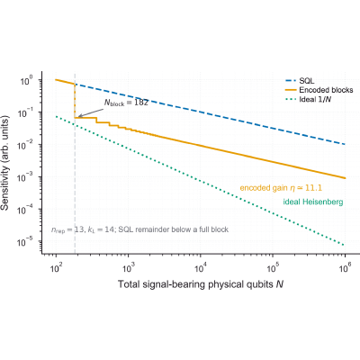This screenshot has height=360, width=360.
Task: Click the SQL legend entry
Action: pyautogui.click(x=300, y=81)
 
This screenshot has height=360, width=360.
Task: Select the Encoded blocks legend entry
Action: pyautogui.click(x=319, y=90)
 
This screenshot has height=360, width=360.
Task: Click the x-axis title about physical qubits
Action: pyautogui.click(x=201, y=284)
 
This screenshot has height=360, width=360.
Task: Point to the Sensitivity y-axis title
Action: pyautogui.click(x=5, y=162)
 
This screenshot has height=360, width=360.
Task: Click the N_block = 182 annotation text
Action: pyautogui.click(x=126, y=103)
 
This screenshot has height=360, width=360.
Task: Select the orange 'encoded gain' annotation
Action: pyautogui.click(x=281, y=188)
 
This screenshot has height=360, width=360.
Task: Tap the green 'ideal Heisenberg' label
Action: pyautogui.click(x=313, y=202)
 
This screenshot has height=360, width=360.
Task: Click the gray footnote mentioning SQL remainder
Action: pyautogui.click(x=139, y=229)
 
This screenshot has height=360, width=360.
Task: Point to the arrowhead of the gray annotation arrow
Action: pyautogui.click(x=79, y=116)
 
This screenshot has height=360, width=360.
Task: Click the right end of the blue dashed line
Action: pyautogui.click(x=345, y=144)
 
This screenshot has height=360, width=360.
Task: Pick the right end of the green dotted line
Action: pyautogui.click(x=345, y=245)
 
